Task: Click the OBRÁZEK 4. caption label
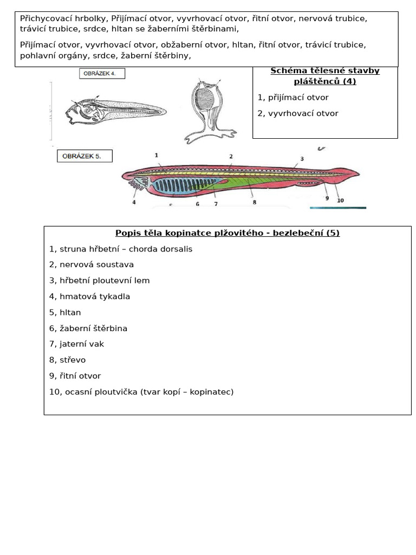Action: point(102,73)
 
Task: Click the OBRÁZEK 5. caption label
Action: point(84,156)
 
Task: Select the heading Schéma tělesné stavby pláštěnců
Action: point(325,76)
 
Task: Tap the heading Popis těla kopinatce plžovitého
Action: point(227,233)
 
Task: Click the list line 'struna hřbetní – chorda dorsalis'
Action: point(120,249)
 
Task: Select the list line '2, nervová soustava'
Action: point(91,264)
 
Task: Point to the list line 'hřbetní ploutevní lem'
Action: point(99,280)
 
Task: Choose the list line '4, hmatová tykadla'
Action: point(89,296)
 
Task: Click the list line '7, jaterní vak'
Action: point(76,344)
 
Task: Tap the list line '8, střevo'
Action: point(67,359)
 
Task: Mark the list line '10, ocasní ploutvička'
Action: point(141,391)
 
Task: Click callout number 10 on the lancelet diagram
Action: point(340,200)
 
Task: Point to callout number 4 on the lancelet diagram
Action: point(134,202)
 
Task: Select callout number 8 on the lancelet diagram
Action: point(254,202)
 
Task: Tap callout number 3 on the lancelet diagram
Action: point(302,159)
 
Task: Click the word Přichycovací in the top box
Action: point(43,18)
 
